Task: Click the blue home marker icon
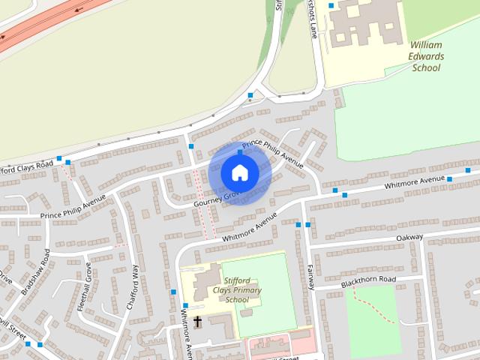click(239, 172)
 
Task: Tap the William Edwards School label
click(427, 56)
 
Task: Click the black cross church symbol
click(198, 322)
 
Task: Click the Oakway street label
click(409, 238)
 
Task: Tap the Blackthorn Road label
click(367, 281)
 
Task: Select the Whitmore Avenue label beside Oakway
click(415, 182)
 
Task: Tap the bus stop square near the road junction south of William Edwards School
click(250, 95)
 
